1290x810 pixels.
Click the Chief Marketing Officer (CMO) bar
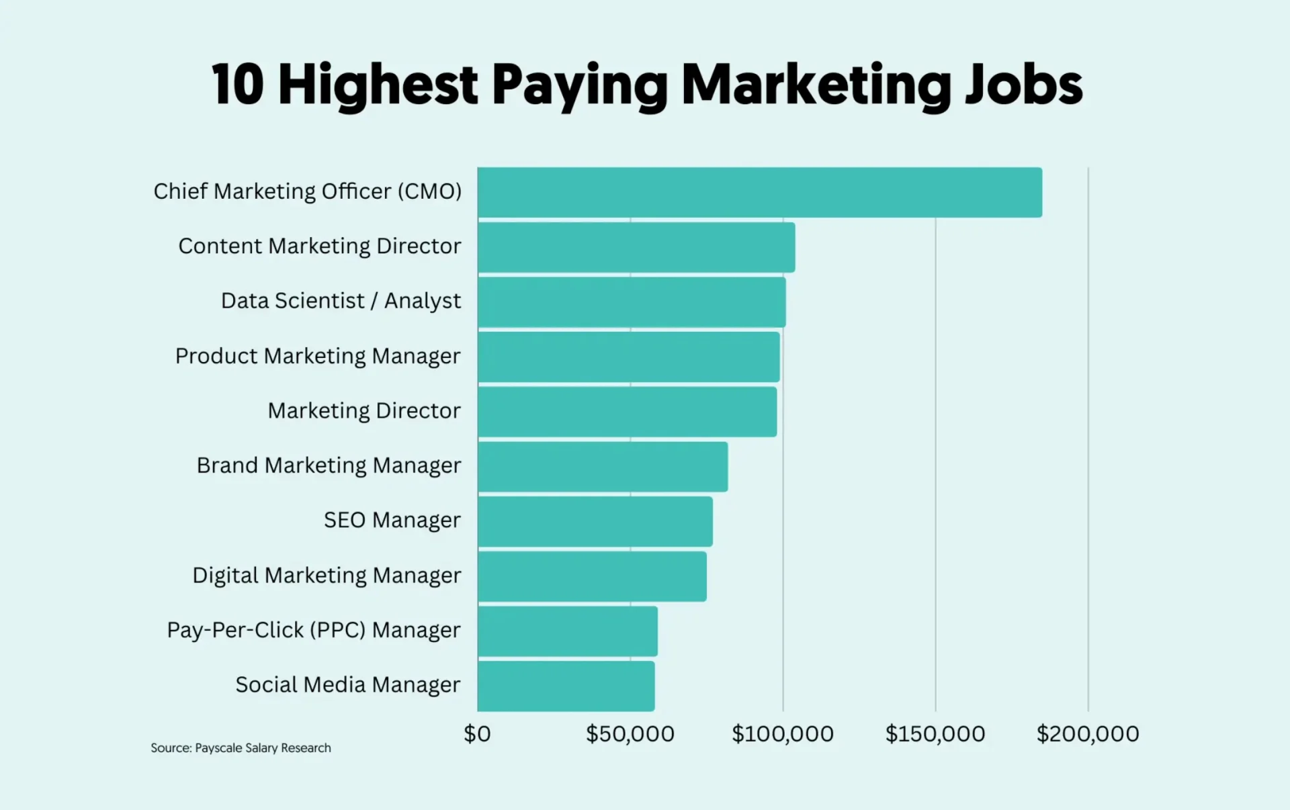coord(759,193)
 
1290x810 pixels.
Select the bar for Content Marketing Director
coord(636,247)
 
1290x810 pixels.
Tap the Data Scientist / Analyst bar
coord(632,302)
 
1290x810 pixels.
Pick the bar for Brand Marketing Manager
coord(603,467)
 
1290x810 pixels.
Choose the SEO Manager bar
coord(595,522)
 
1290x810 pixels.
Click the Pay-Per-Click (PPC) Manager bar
coord(568,631)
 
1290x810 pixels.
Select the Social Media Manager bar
coord(566,686)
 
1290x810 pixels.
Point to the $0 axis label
coord(477,734)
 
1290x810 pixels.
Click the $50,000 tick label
coord(630,734)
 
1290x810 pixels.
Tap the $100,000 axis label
coord(782,734)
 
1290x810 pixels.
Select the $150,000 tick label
coord(935,734)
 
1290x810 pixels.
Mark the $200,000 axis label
coord(1087,734)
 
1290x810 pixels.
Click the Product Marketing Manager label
coord(318,357)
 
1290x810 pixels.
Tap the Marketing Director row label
coord(364,411)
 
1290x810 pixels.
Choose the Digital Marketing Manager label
coord(327,576)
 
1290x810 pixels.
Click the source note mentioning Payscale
coord(241,748)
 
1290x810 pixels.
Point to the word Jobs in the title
coord(1023,85)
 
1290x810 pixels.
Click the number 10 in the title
coord(237,85)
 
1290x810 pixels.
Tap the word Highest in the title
coord(378,85)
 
